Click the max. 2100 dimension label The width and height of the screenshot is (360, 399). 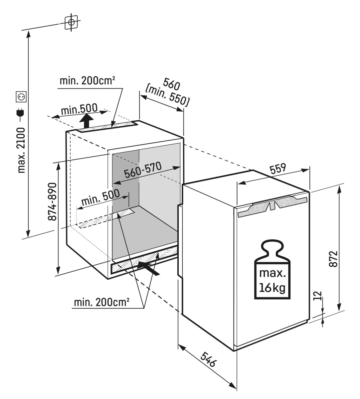[x=21, y=150]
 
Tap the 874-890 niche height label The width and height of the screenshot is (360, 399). [x=52, y=202]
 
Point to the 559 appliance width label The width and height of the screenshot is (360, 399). [x=278, y=169]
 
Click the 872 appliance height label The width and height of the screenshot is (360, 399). [x=333, y=259]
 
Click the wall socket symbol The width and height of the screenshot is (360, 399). [x=21, y=97]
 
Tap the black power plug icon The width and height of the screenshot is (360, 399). [x=21, y=114]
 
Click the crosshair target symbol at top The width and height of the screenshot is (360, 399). [x=71, y=22]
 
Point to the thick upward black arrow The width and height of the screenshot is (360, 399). [x=87, y=121]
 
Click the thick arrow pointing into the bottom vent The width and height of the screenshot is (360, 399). [x=148, y=268]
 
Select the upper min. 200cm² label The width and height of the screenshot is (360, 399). [x=88, y=81]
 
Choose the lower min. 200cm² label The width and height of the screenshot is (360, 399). [x=101, y=302]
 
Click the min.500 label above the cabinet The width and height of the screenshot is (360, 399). [x=79, y=109]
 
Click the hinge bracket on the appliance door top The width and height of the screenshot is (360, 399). [x=273, y=208]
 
